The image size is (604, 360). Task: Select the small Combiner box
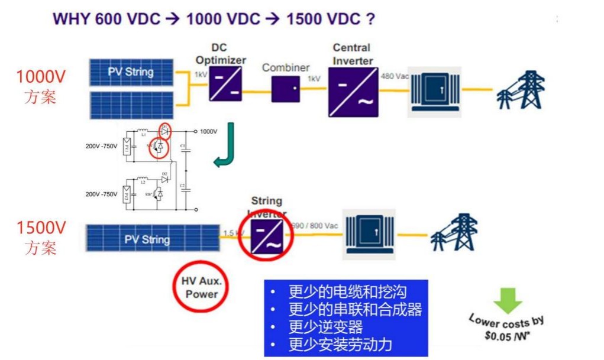point(286,89)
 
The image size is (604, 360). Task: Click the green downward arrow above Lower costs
point(508,300)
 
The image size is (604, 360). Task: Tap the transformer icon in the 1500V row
point(369,234)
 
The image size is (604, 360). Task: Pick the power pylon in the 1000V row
point(519,90)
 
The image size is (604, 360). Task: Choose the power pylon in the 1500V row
point(454,233)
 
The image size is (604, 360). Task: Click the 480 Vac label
point(394,76)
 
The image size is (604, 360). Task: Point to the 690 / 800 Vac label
point(315,226)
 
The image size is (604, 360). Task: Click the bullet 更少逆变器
point(325,327)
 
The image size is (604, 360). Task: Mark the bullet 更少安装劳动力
point(340,345)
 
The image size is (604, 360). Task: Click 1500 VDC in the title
point(322,19)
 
